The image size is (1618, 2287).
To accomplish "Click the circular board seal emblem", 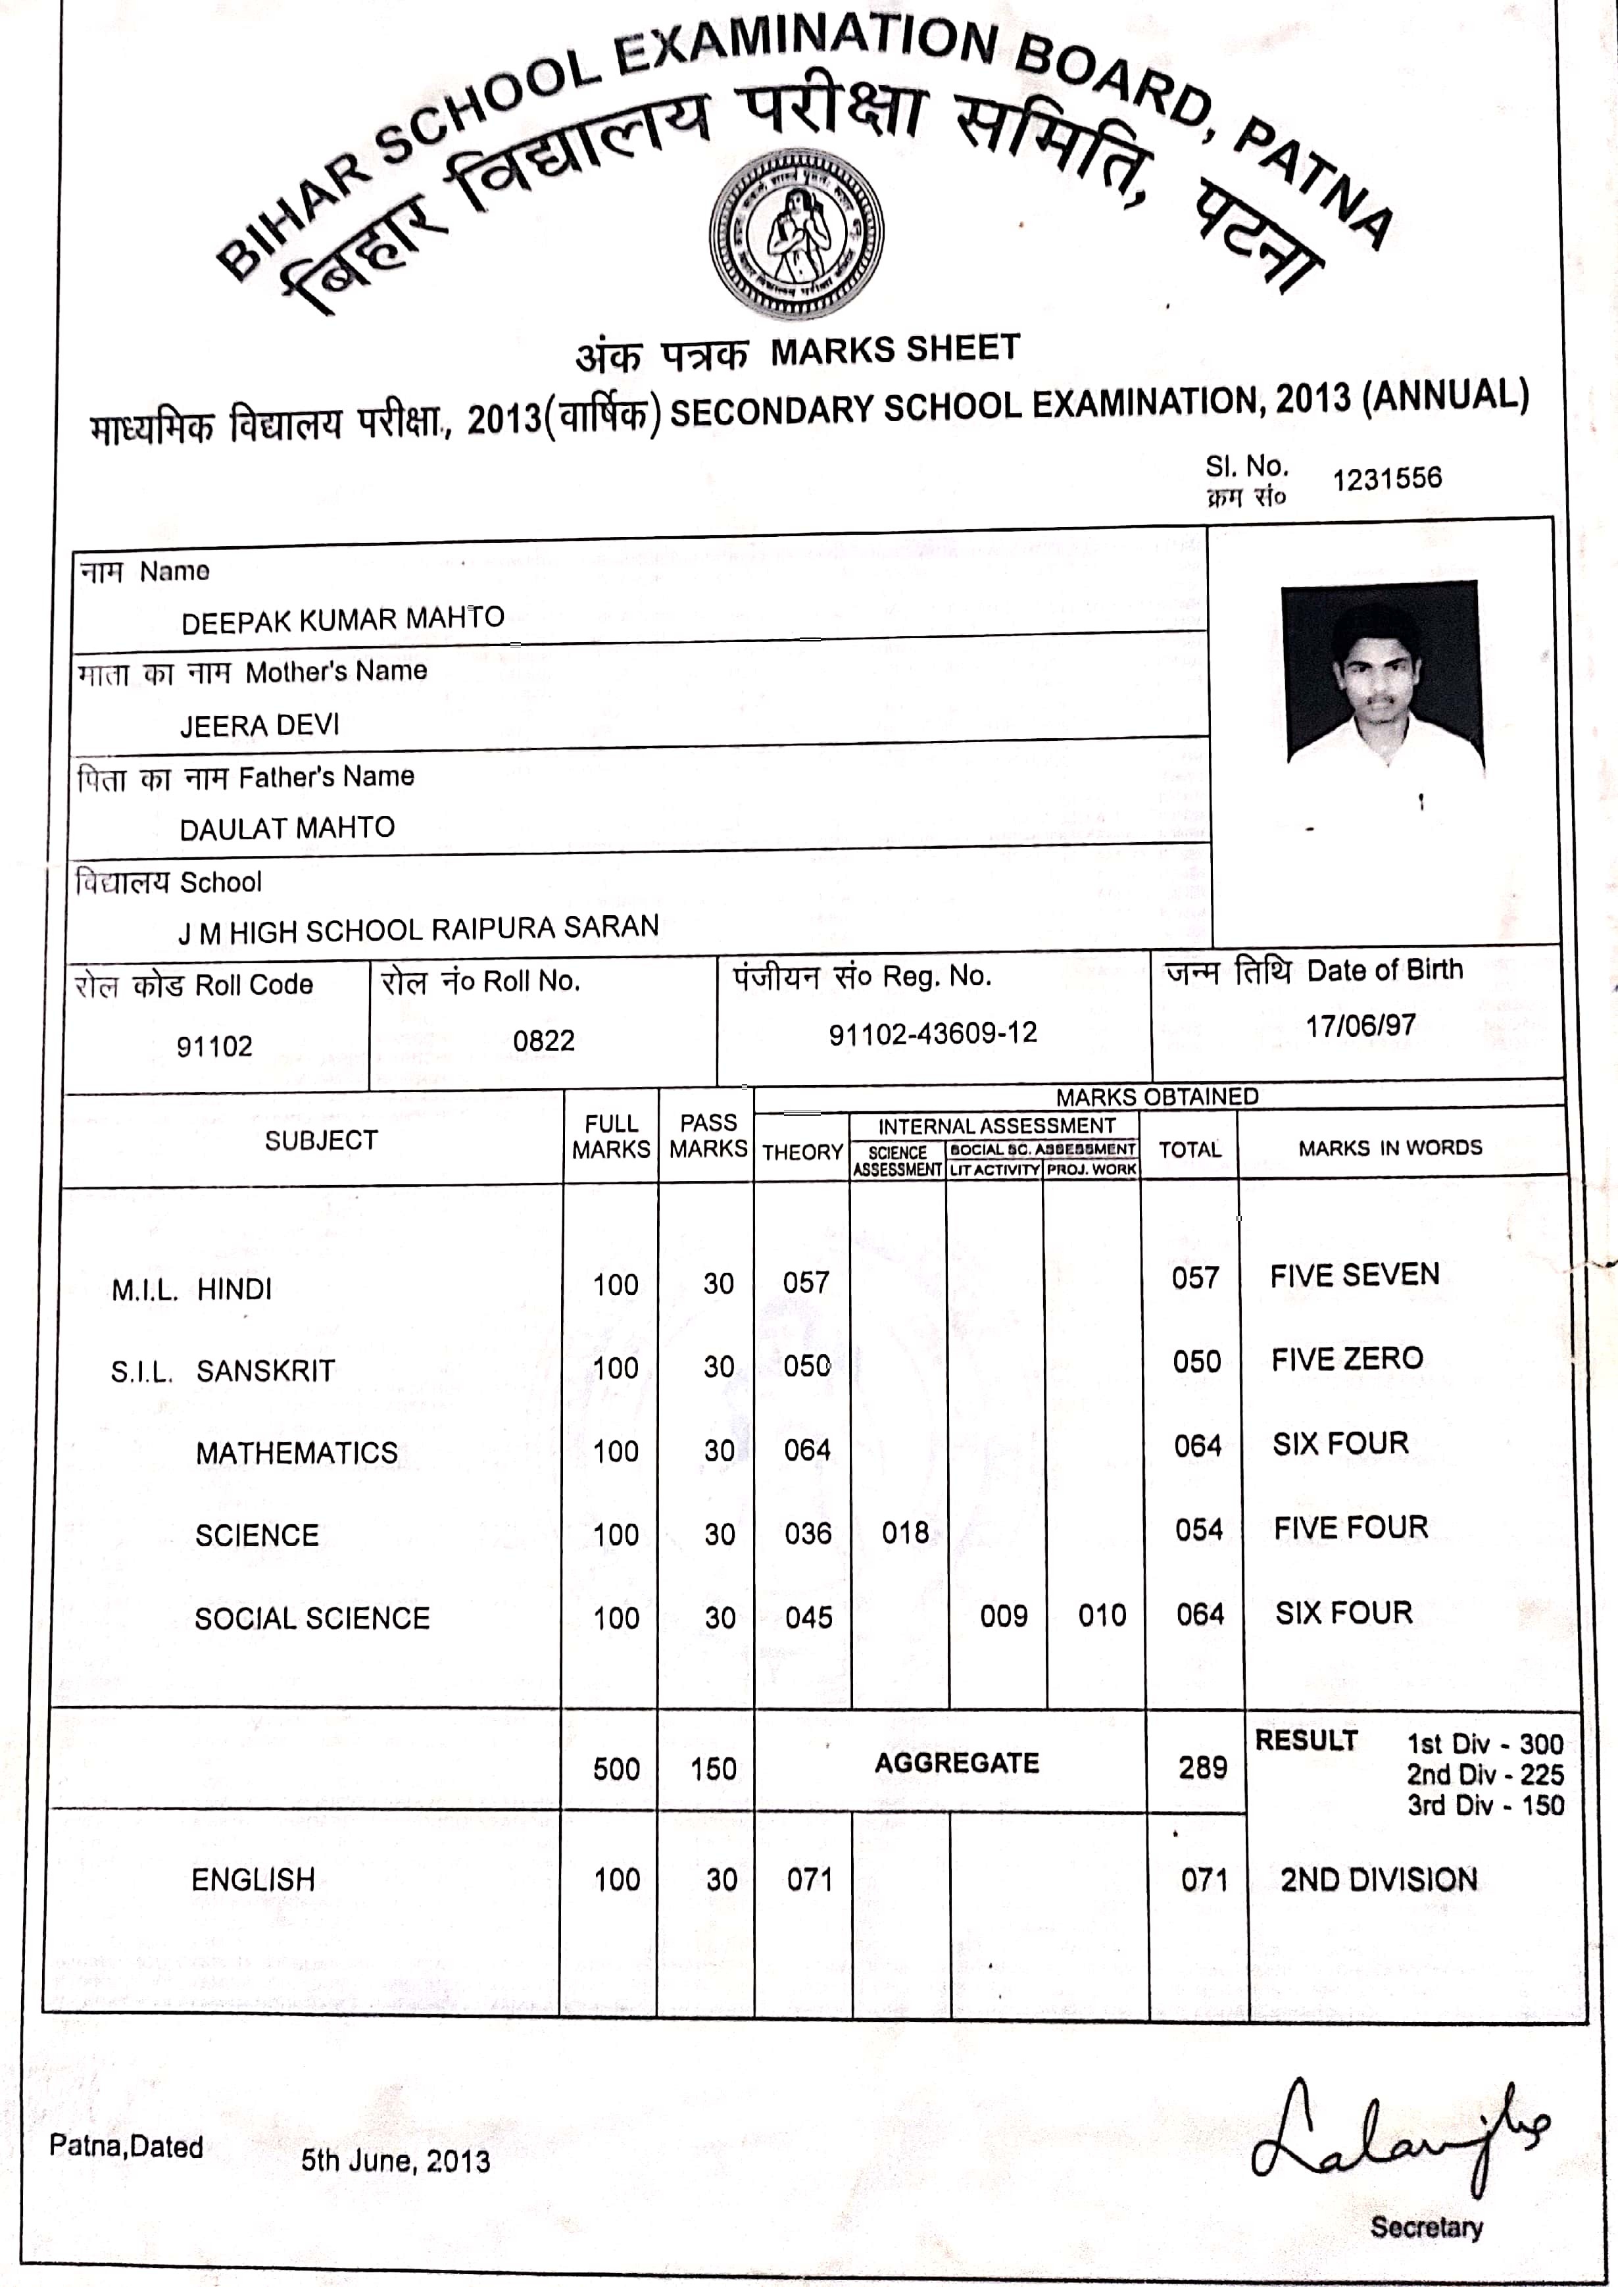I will [x=795, y=234].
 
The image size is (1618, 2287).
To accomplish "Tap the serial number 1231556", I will [x=1387, y=478].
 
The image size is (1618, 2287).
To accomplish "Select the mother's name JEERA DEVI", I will [x=259, y=724].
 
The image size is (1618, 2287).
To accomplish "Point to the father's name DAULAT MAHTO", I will [x=287, y=827].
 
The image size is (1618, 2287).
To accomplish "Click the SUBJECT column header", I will [x=321, y=1140].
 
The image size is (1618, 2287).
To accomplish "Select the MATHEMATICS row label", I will [x=296, y=1453].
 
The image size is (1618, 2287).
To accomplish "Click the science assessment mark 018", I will [x=904, y=1532].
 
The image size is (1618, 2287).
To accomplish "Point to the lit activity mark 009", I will [x=1003, y=1615].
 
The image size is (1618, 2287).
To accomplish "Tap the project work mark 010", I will [x=1101, y=1615].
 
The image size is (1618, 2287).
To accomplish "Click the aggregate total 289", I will [x=1202, y=1767].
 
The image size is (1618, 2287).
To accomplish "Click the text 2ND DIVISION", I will [x=1378, y=1880].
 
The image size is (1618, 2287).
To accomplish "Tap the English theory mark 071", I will [x=809, y=1880].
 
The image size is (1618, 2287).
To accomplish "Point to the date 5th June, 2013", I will [x=395, y=2161].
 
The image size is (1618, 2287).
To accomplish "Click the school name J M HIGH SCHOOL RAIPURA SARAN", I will [x=418, y=929].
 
